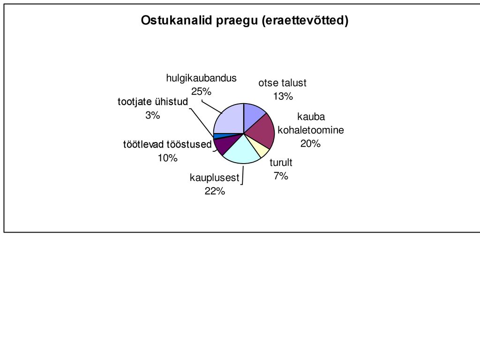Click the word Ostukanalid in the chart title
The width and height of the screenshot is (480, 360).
[x=177, y=20]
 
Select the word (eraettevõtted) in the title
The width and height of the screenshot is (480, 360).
[x=305, y=21]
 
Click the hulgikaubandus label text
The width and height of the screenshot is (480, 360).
[x=202, y=78]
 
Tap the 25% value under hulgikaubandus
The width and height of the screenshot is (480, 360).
[x=202, y=91]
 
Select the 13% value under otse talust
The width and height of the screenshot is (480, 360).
[x=283, y=97]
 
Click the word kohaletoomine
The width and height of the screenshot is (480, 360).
[x=311, y=130]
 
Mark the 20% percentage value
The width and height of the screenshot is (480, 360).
[x=310, y=143]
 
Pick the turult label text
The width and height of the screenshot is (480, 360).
[x=281, y=163]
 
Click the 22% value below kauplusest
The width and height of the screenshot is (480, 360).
[x=215, y=191]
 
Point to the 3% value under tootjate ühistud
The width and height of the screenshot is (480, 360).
[x=153, y=115]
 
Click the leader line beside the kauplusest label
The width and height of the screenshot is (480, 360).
[x=243, y=175]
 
